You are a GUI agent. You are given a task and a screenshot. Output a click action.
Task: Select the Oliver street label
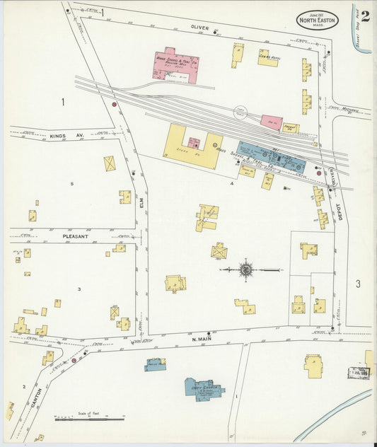coord(200,28)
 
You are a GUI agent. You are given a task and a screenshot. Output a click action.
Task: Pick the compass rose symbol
coord(246,269)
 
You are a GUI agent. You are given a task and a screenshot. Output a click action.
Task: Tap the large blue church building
coord(204,388)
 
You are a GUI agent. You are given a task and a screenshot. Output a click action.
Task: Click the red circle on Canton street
coord(74,361)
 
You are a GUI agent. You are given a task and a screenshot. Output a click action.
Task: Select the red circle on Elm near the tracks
coord(114,105)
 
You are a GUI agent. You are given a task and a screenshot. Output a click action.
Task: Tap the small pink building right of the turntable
coord(272,120)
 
